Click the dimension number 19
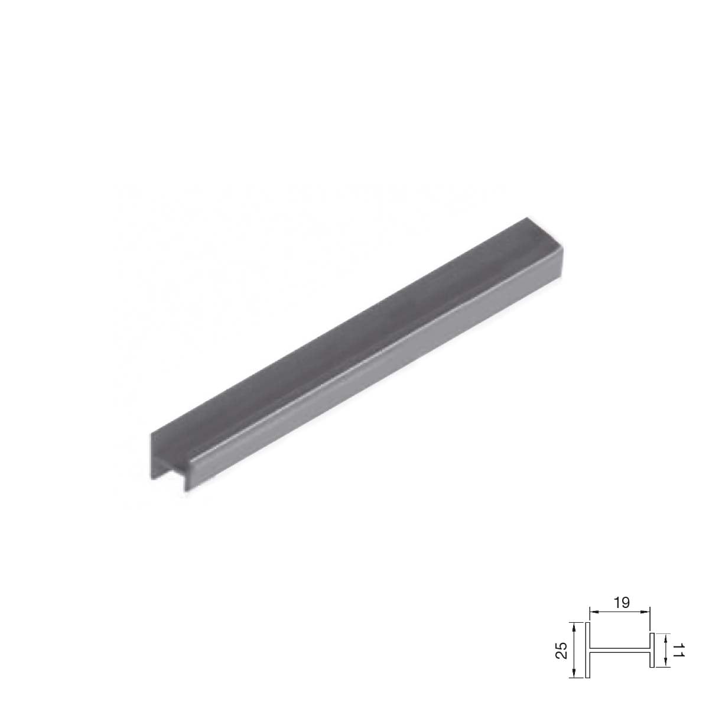tap(621, 603)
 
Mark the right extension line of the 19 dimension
tap(650, 620)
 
